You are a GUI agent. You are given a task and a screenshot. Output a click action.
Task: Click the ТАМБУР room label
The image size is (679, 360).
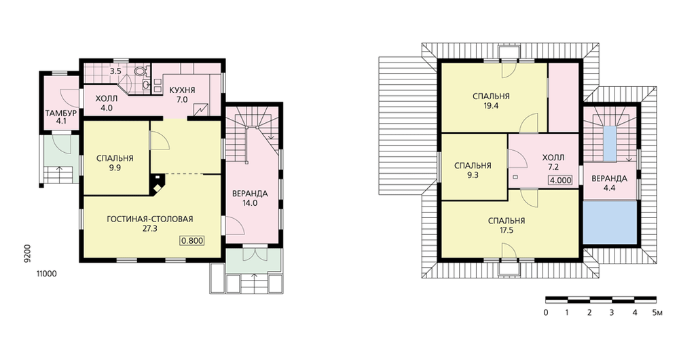pyautogui.click(x=61, y=113)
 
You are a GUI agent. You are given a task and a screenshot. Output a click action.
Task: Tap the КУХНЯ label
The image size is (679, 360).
pyautogui.click(x=182, y=90)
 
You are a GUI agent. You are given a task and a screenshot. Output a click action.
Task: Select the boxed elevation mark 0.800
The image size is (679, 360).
pyautogui.click(x=192, y=241)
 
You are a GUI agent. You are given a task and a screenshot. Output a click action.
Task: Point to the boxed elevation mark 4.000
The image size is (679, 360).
pyautogui.click(x=560, y=180)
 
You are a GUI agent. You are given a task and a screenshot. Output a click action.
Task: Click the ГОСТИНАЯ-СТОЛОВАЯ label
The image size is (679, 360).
pyautogui.click(x=150, y=219)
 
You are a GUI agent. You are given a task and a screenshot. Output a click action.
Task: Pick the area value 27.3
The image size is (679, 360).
pyautogui.click(x=150, y=229)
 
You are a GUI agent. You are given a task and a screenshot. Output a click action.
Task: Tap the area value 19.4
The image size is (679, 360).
pyautogui.click(x=491, y=105)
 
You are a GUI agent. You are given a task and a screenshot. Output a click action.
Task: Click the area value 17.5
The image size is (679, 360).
pyautogui.click(x=507, y=230)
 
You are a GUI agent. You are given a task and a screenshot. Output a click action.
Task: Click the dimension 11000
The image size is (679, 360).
pyautogui.click(x=47, y=274)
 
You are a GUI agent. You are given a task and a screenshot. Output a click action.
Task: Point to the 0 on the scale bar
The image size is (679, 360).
pyautogui.click(x=546, y=312)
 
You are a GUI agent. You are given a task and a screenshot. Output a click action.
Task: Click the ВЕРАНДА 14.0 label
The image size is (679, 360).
pyautogui.click(x=250, y=198)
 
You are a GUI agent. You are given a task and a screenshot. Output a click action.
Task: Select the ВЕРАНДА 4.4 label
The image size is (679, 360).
pyautogui.click(x=609, y=183)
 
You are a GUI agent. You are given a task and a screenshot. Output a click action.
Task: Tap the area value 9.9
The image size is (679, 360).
pyautogui.click(x=115, y=168)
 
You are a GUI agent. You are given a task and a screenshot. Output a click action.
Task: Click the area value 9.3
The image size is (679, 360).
pyautogui.click(x=473, y=175)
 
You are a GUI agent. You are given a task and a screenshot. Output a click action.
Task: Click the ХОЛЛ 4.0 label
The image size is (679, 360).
pyautogui.click(x=106, y=103)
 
